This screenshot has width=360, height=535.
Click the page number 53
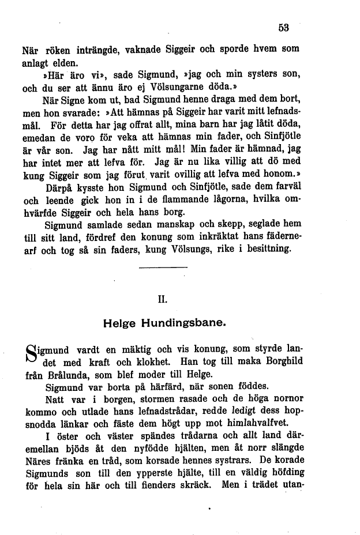tap(283, 27)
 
